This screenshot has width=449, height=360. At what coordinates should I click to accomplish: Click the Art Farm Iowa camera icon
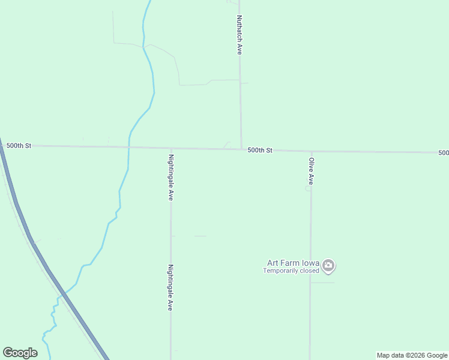pos(328,265)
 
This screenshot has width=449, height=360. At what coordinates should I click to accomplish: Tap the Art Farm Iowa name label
pos(294,263)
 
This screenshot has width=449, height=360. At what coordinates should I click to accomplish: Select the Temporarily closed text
pos(291,271)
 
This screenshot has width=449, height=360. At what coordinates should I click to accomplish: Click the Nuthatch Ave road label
pos(239,35)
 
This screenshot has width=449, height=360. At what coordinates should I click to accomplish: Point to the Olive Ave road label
pos(311,171)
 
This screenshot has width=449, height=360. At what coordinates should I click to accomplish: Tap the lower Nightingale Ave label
pos(170,287)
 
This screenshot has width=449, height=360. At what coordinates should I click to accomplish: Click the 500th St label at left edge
pos(19,145)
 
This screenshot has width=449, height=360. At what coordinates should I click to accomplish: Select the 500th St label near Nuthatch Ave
pos(260,150)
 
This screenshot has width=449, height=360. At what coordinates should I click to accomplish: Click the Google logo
pos(20,353)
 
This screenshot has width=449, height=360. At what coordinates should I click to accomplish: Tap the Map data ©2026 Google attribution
pos(412,355)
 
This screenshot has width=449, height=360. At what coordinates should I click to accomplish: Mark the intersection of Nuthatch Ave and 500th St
pos(241,149)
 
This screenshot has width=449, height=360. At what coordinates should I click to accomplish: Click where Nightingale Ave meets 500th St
pos(171,148)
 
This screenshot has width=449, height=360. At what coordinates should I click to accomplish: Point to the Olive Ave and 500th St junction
pos(311,151)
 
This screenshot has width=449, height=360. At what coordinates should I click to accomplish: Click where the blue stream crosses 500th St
pos(128,147)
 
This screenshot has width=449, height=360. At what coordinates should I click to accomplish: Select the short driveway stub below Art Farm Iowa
pos(322,282)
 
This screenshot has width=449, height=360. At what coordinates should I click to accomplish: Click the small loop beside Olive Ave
pos(308,188)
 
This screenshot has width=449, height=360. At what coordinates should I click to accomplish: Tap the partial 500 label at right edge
pos(443,152)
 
